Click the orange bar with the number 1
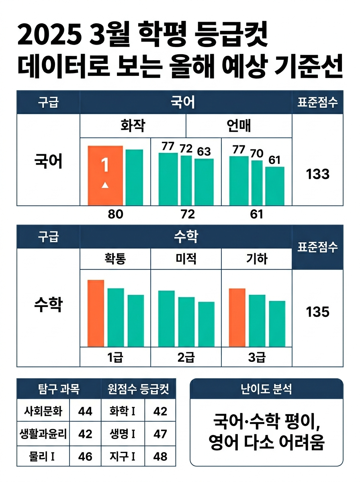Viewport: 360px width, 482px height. [x=105, y=175]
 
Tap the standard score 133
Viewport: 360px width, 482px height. [x=317, y=174]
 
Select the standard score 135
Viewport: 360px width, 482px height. [x=317, y=312]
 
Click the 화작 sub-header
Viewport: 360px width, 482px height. [x=133, y=126]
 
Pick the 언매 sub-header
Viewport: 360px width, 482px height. [x=239, y=126]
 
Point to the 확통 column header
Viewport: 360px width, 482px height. [x=115, y=259]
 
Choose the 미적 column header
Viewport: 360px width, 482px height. [x=186, y=259]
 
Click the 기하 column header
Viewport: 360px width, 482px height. [x=256, y=259]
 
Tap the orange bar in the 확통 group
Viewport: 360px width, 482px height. [x=96, y=313]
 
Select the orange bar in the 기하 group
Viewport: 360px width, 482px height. [x=237, y=317]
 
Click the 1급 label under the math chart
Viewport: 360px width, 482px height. [x=115, y=357]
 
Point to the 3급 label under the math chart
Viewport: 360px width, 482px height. [x=256, y=357]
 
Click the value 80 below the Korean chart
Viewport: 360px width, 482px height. [x=115, y=214]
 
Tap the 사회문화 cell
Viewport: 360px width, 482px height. [x=43, y=411]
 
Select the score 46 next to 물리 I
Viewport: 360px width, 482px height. [x=85, y=456]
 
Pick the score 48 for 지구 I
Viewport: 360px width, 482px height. [x=160, y=456]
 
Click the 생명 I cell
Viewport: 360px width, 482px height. [x=122, y=434]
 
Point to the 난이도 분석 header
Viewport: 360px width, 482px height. [x=266, y=389]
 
